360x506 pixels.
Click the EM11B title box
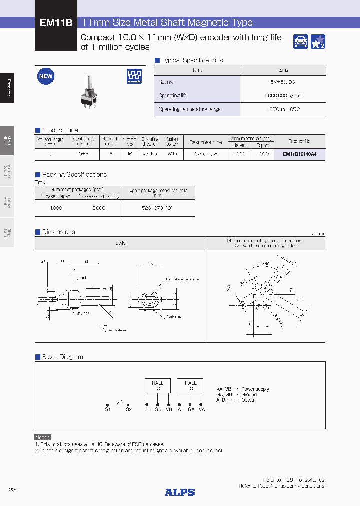[x=56, y=23]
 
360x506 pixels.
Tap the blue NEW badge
[x=46, y=76]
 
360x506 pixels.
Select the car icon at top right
[x=300, y=42]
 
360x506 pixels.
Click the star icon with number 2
[x=318, y=42]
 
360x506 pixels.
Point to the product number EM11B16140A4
[x=300, y=154]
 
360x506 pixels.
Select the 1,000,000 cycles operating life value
[x=283, y=95]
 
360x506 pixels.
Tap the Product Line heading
[x=60, y=130]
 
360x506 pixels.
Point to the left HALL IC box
[x=157, y=385]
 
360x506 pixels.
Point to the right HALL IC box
[x=191, y=385]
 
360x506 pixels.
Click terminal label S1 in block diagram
[x=108, y=409]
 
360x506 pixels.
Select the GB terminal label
[x=158, y=409]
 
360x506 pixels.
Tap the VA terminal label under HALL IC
[x=202, y=409]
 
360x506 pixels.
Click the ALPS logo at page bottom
[x=180, y=492]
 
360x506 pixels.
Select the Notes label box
[x=43, y=437]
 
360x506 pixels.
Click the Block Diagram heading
[x=62, y=357]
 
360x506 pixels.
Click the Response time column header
[x=206, y=142]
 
